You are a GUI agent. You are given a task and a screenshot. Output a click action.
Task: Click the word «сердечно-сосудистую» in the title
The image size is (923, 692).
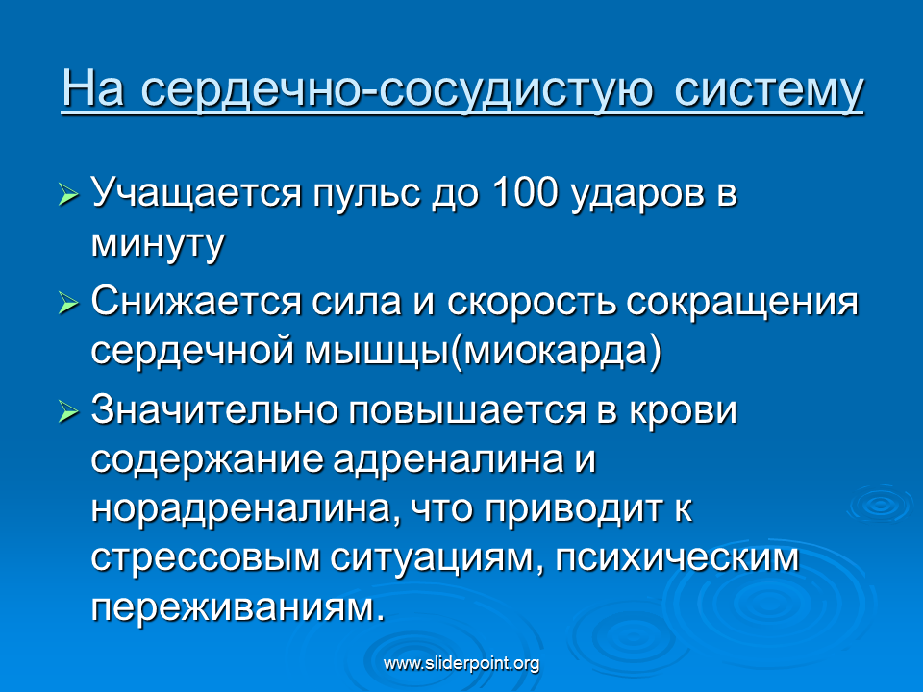point(397,90)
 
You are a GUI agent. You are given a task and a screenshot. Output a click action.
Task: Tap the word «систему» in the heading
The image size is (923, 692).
point(769,90)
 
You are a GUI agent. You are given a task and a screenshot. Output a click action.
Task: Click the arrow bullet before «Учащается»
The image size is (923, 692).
point(69,193)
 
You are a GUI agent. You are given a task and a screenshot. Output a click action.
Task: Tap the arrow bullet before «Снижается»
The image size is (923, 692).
point(69,304)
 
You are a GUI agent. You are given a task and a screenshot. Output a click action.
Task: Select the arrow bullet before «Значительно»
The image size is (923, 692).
point(69,412)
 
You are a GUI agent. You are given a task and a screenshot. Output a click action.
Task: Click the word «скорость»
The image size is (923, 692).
point(532,302)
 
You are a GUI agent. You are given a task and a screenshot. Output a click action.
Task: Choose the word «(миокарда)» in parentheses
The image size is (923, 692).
point(556,353)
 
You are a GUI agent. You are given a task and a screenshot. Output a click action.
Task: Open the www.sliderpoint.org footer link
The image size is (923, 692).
point(461,664)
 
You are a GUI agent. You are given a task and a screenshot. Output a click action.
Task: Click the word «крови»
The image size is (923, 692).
point(683,410)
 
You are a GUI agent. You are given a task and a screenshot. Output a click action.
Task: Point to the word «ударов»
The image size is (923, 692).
point(637,194)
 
